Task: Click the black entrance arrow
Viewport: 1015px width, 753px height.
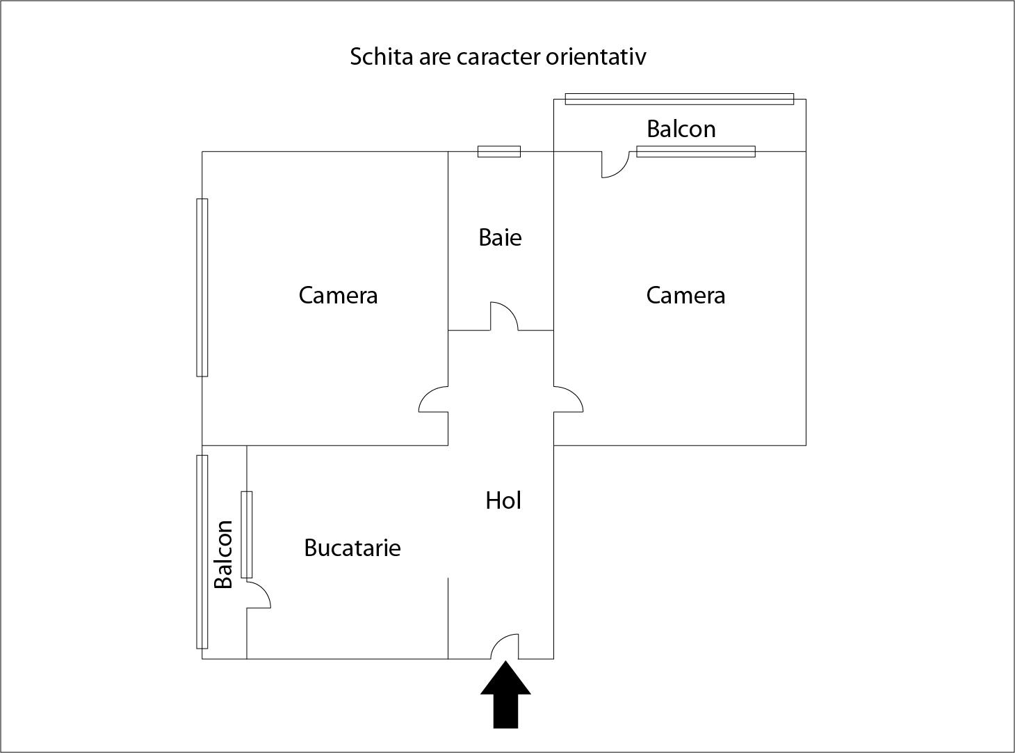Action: tap(505, 695)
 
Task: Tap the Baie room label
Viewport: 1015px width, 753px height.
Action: tap(500, 237)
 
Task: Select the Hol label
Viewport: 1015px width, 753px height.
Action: tap(503, 500)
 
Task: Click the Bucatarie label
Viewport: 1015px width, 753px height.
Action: tap(352, 548)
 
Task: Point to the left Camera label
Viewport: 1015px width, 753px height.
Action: tap(338, 295)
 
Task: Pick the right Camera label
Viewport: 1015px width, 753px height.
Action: tap(685, 295)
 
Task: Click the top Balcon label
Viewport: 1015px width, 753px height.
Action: tap(681, 129)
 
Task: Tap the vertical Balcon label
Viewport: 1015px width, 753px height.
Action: tap(224, 554)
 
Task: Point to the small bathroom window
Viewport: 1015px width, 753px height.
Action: tap(499, 151)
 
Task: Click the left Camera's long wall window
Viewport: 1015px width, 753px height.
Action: tap(202, 287)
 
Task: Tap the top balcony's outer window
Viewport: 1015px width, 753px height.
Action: tap(679, 99)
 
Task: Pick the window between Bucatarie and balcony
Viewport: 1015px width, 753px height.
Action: tap(247, 534)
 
